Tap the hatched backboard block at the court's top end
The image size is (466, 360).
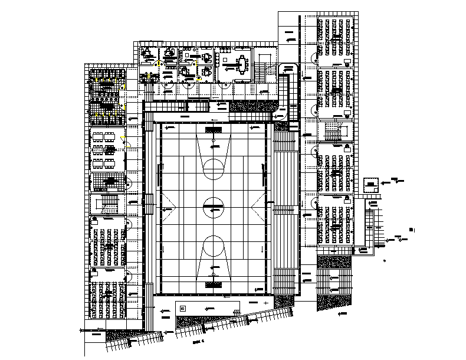coord(214,129)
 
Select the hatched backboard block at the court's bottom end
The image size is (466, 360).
coord(214,284)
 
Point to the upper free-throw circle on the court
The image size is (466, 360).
coord(214,166)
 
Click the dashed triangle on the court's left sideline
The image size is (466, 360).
coord(168,207)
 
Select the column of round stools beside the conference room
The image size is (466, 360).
coord(219,61)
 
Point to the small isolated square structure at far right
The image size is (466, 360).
coord(371,185)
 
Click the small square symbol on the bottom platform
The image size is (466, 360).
coord(182,308)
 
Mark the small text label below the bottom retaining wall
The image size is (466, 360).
coord(198,341)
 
